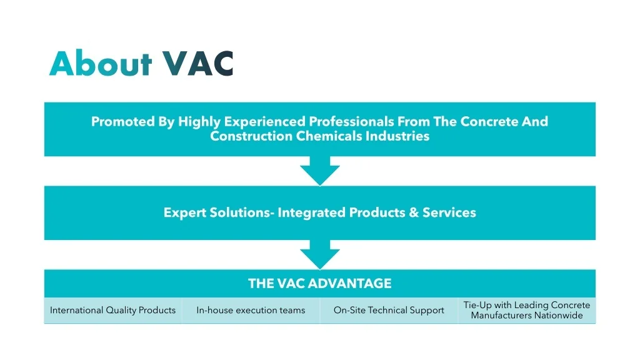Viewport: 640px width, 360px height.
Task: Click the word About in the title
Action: tap(100, 64)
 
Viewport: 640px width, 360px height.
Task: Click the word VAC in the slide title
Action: tap(197, 64)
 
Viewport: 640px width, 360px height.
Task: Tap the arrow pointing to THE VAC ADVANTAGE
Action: tap(319, 256)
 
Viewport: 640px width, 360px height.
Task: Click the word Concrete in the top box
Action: tap(489, 121)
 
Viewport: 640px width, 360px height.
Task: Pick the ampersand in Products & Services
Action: tap(413, 212)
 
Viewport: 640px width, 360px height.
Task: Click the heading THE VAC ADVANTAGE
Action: tap(319, 284)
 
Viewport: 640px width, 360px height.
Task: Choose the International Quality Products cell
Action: tap(112, 311)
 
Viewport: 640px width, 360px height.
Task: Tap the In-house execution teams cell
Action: tap(251, 311)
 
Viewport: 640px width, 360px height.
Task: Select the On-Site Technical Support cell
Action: tap(389, 311)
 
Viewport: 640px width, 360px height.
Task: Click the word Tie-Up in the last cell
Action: tap(477, 306)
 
